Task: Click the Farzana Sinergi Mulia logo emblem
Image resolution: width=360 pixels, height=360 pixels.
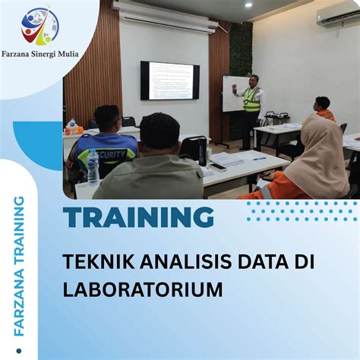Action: (x=39, y=26)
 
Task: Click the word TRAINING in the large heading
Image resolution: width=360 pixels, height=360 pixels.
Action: (x=138, y=218)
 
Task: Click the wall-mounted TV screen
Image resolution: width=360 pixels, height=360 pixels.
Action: (x=170, y=81)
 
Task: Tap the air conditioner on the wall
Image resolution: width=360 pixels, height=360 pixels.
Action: (x=338, y=16)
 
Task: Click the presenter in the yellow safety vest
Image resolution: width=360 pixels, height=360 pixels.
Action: (x=251, y=106)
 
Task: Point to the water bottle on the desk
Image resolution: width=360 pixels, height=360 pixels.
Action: (x=93, y=168)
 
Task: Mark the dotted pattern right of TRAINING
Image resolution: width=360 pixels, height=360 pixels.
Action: (x=301, y=210)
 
